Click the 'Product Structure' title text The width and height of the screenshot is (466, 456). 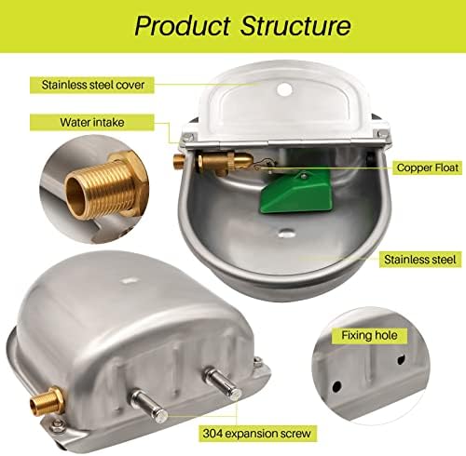pos(243,26)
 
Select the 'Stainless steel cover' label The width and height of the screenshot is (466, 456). pos(93,85)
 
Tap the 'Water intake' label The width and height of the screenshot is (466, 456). pos(92,122)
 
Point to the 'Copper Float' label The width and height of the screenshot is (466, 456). pos(428,168)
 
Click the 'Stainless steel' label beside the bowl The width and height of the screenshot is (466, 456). pos(420,260)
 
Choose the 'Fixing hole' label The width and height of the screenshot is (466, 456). pos(369,335)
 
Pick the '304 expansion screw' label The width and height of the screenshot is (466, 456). pos(257,433)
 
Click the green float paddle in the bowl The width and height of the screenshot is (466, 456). pos(295,192)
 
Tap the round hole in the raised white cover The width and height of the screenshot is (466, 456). pos(284,89)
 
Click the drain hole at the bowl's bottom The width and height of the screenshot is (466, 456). pos(286,233)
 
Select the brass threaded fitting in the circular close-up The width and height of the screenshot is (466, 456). pos(103,188)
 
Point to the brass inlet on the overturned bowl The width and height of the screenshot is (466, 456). pos(47,401)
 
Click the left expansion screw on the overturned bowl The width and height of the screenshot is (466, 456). pos(148,405)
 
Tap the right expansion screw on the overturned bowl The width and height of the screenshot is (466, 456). pos(222,384)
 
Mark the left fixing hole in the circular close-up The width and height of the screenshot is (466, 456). pos(336,386)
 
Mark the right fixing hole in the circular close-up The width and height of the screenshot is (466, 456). pos(401,359)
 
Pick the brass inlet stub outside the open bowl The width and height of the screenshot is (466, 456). pos(180,161)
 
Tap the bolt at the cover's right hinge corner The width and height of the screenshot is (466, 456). pos(379,134)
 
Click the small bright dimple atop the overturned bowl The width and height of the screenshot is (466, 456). pos(128,280)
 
